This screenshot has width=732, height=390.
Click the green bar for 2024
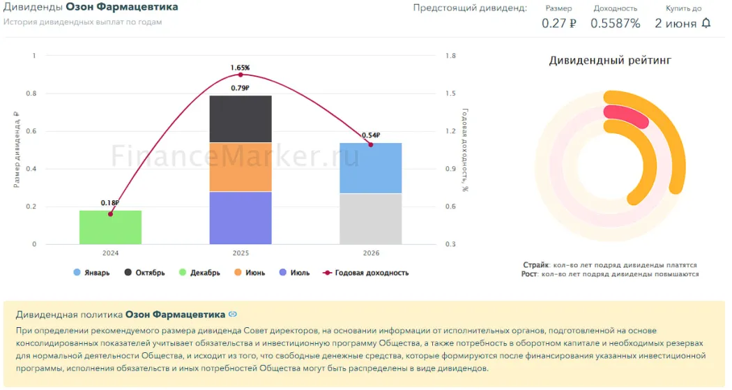tap(110, 227)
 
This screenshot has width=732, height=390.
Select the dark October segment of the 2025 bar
tap(241, 119)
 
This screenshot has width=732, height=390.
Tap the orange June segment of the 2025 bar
tap(241, 167)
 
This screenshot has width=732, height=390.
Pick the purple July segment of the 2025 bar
tap(241, 218)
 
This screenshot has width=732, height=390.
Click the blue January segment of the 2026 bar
tap(370, 168)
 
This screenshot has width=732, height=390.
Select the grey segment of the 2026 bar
tap(370, 218)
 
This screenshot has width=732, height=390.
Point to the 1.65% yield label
tap(241, 68)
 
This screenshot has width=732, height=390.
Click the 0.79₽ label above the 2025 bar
tap(241, 88)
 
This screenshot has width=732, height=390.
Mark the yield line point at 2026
tap(370, 144)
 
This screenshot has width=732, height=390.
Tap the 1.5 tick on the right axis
tap(450, 93)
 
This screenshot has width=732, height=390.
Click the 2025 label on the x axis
tap(241, 253)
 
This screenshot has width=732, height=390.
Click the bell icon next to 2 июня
tap(706, 23)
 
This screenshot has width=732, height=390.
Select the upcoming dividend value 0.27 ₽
tap(558, 23)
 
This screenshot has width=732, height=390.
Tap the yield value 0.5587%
tap(615, 23)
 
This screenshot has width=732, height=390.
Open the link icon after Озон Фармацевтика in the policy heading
tap(233, 315)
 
